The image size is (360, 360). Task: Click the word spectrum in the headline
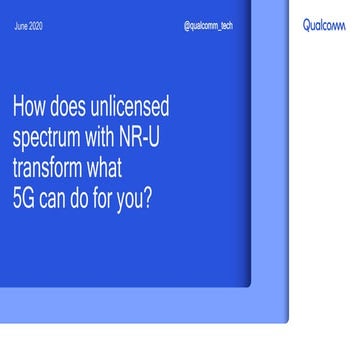pos(50,136)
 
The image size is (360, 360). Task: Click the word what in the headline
pos(125,164)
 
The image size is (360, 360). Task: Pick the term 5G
pos(24,193)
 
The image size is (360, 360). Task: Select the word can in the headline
pos(56,194)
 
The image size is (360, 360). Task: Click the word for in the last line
pos(107,193)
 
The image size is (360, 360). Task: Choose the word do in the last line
pos(83,193)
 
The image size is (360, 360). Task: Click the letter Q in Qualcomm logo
pos(306,26)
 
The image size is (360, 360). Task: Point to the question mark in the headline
pos(151,193)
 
